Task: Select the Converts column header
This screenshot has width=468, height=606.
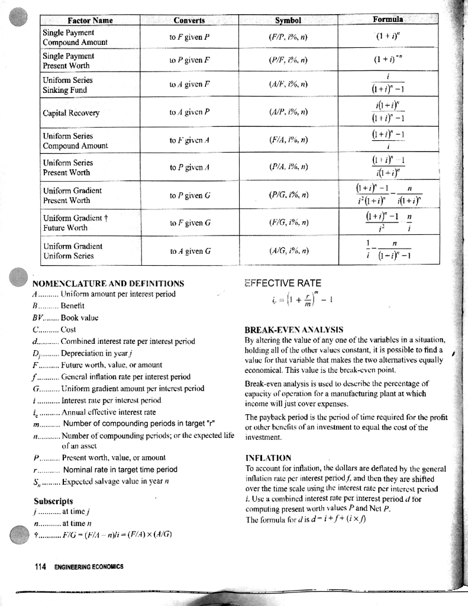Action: tap(189, 20)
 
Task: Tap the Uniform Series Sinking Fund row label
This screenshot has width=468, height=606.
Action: tap(65, 85)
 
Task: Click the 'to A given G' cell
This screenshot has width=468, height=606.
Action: tap(189, 250)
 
